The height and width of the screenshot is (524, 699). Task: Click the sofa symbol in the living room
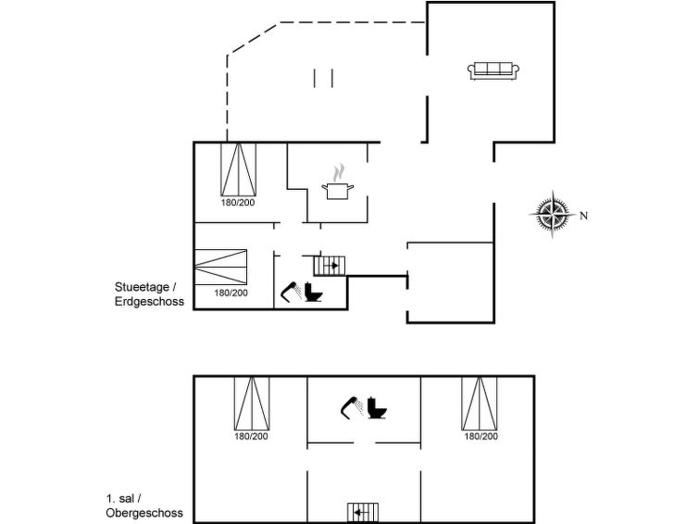pos(493,71)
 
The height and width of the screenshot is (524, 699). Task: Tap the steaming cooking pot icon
pos(337,182)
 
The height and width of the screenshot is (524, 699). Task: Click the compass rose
pos(552,215)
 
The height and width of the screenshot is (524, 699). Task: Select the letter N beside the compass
pos(583,216)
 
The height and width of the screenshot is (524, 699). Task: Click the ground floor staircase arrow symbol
pos(330,266)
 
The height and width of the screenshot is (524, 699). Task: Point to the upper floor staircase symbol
pos(363,512)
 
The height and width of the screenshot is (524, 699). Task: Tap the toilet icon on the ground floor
pos(313,293)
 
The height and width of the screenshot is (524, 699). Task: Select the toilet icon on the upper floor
pos(377,407)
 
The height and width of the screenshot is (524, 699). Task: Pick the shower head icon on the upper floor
pos(352,407)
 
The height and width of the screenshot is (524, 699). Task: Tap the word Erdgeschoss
pos(149,301)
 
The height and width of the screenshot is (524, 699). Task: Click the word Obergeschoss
pos(144,513)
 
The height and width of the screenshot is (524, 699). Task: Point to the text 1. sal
pos(120,498)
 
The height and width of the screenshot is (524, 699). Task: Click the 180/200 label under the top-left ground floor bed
pos(238,203)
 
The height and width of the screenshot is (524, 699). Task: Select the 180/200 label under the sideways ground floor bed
pos(231,293)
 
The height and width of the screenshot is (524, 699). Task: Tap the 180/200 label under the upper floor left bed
pos(252,436)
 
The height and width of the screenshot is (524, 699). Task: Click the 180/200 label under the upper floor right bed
pos(481,436)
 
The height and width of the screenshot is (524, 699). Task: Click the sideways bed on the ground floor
pos(220,267)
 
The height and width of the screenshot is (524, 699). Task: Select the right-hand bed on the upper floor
pos(480,404)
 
